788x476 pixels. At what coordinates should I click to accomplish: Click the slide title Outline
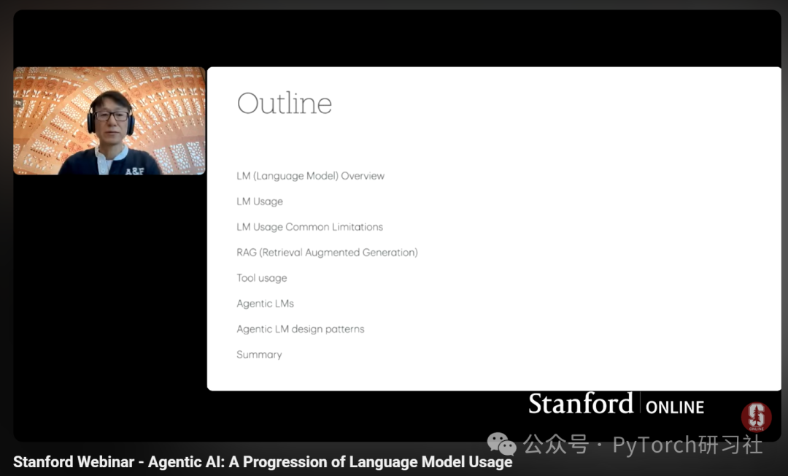(x=285, y=104)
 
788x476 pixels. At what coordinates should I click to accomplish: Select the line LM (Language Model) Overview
(x=311, y=176)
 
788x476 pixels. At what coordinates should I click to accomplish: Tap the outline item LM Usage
(x=260, y=201)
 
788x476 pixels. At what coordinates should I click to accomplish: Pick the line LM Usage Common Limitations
(x=309, y=227)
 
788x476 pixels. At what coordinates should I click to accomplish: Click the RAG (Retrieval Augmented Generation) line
(x=327, y=253)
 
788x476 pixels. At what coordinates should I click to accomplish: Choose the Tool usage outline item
(x=262, y=278)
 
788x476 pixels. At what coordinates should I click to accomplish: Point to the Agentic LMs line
(x=266, y=304)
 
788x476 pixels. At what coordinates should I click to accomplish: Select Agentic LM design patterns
(x=301, y=329)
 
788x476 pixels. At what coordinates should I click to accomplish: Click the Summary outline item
(x=259, y=355)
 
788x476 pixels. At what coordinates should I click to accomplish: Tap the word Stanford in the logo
(x=581, y=404)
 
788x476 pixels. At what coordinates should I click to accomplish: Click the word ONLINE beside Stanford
(x=675, y=407)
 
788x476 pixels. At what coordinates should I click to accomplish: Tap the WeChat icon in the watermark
(x=501, y=444)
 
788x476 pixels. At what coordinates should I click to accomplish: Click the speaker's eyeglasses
(x=112, y=116)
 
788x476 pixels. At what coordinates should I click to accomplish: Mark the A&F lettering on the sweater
(x=135, y=172)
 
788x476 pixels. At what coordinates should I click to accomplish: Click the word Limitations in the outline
(x=358, y=227)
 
